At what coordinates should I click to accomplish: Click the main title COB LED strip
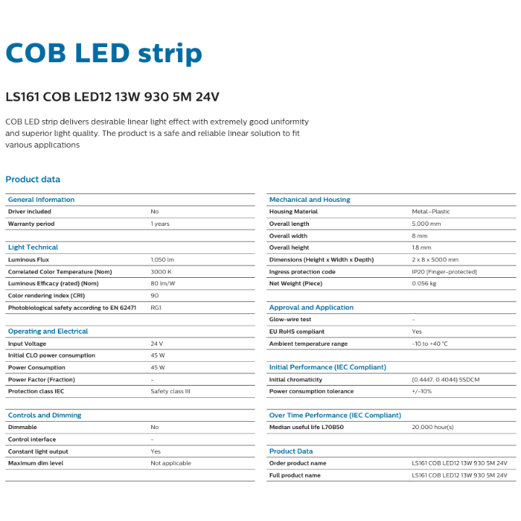pos(103,54)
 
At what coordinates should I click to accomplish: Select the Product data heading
pos(33,179)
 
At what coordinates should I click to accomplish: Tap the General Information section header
pos(41,200)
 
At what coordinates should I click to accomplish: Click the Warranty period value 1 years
pos(160,224)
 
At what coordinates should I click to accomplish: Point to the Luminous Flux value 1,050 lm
pos(163,259)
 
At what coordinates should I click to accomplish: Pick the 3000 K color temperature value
pos(161,271)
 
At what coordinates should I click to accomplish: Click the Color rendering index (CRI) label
pos(46,295)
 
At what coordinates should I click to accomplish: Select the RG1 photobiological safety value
pos(156,308)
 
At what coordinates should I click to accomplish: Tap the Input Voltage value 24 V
pos(157,344)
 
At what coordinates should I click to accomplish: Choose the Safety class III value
pos(170,391)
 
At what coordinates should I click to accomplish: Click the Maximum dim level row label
pos(35,463)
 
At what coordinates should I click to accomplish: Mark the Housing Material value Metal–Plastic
pos(431,211)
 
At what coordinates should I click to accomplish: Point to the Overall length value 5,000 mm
pos(426,224)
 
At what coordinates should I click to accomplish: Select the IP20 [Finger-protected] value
pos(444,271)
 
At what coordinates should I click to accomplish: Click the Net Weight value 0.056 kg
pos(424,284)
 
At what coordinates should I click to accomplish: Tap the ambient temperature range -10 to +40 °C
pos(430,344)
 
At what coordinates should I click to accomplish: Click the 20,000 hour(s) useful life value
pos(433,427)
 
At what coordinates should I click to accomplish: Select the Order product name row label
pos(297,463)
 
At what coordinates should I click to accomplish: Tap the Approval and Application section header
pos(311,308)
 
